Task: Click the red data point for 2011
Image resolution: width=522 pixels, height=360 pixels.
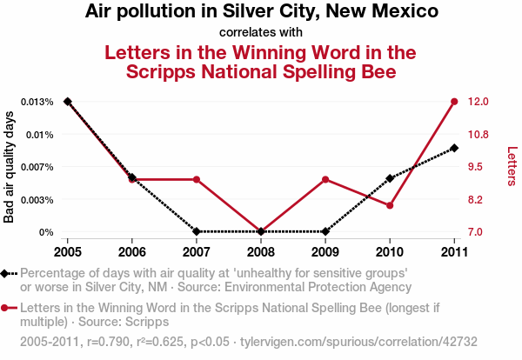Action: (454, 102)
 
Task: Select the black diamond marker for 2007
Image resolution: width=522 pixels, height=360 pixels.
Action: (197, 232)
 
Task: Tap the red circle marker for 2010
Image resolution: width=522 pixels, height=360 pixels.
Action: (390, 205)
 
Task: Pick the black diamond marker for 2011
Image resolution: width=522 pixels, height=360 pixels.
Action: (454, 148)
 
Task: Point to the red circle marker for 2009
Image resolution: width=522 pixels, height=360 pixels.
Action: (325, 179)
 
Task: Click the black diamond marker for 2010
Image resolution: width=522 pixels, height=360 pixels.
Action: (390, 178)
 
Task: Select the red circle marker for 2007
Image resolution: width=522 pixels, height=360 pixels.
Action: (197, 179)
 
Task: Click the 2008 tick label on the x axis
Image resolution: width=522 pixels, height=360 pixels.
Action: (261, 251)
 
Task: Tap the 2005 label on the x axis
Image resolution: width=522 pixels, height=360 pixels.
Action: (68, 251)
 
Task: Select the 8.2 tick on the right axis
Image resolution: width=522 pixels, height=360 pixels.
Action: (477, 200)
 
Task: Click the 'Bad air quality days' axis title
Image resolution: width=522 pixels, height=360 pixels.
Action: (10, 167)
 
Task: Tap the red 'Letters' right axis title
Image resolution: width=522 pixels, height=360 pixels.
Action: (512, 166)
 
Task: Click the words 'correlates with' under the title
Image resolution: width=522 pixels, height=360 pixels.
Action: (261, 33)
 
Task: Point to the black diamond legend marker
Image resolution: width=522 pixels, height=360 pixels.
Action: (6, 273)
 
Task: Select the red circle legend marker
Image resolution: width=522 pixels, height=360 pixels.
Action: (6, 308)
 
